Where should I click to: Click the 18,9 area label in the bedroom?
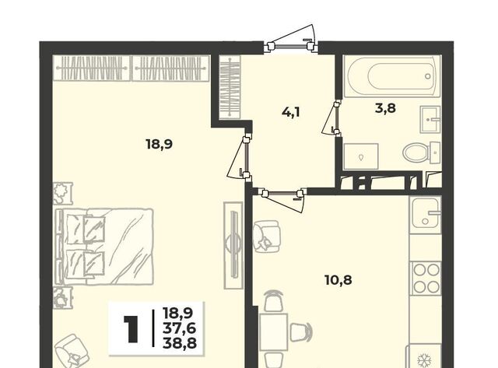(160, 145)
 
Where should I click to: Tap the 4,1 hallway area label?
(291, 112)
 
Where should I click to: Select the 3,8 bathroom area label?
(385, 108)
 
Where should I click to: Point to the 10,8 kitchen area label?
(338, 280)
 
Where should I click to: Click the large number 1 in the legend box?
(131, 329)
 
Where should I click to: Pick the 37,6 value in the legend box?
(180, 328)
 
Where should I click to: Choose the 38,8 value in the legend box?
(180, 343)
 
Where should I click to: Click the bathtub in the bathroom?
(392, 76)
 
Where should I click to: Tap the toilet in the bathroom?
(422, 152)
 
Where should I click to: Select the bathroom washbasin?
(430, 119)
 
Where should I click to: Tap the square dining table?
(274, 331)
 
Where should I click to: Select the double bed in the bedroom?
(104, 247)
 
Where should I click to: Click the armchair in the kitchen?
(266, 237)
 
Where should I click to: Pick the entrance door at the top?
(291, 47)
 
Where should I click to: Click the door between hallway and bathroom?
(331, 117)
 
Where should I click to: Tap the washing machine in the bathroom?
(361, 156)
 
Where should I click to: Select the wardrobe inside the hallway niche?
(230, 87)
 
